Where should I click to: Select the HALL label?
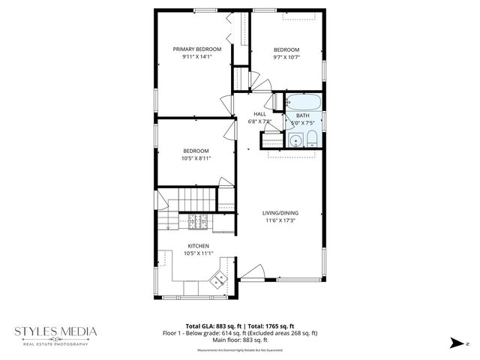click(x=259, y=113)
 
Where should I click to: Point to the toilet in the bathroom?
click(x=311, y=139)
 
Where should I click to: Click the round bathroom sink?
click(x=295, y=139)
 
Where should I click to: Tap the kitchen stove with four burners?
click(x=197, y=221)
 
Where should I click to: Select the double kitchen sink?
click(x=219, y=280)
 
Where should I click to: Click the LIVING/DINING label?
click(x=280, y=213)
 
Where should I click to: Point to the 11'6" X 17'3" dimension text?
click(x=280, y=220)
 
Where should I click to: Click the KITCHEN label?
click(x=198, y=246)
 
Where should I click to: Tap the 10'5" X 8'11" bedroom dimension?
click(x=196, y=158)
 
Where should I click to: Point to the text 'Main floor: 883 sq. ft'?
click(x=240, y=341)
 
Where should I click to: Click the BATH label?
click(x=302, y=115)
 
